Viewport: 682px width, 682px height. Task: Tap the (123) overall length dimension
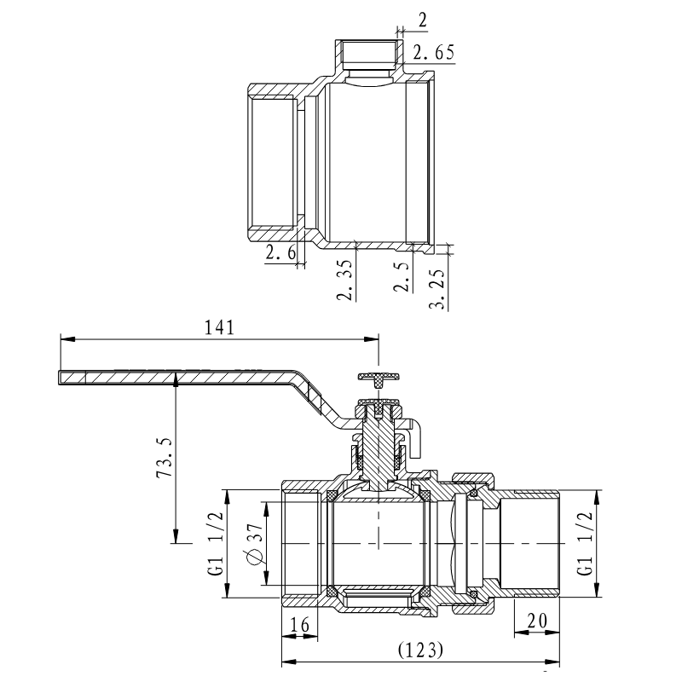(x=421, y=650)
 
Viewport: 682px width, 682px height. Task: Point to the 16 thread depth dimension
(x=299, y=624)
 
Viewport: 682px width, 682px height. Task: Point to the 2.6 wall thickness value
(x=280, y=252)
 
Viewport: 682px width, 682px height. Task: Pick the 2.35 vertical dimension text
(x=344, y=281)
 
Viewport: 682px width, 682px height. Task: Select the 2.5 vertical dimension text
(x=402, y=277)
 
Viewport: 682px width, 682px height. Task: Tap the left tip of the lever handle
(x=62, y=377)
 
